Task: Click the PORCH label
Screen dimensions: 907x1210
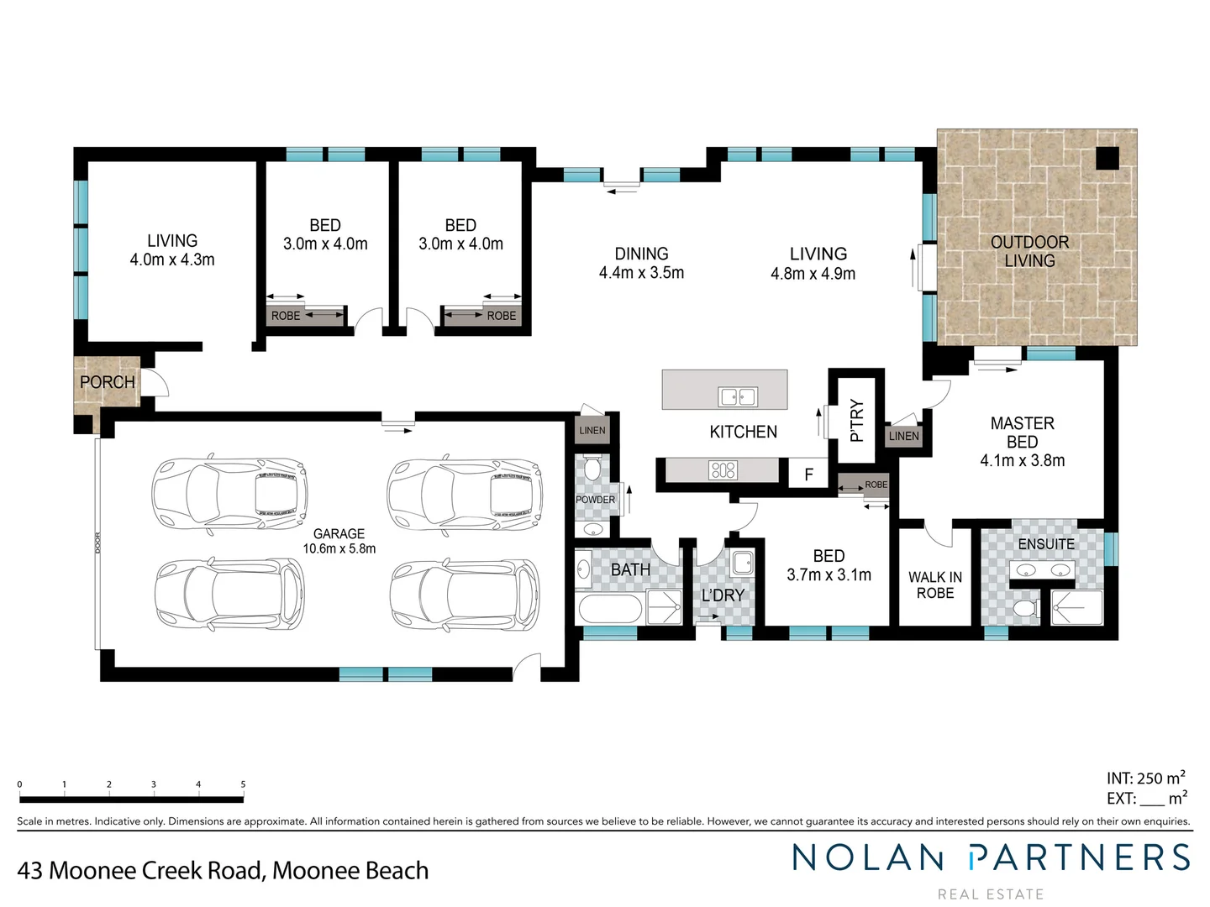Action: pos(107,382)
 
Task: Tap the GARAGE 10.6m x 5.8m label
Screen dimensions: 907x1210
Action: pos(339,541)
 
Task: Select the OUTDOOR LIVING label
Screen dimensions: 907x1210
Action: pos(1029,251)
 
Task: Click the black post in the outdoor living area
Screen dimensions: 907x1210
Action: pos(1107,157)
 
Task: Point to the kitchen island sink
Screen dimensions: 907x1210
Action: pos(737,396)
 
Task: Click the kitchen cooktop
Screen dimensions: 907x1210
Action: pos(723,470)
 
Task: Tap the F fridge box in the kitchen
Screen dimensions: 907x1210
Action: pos(808,474)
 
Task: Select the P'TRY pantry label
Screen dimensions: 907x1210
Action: pos(856,420)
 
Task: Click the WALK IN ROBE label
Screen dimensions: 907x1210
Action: pos(934,585)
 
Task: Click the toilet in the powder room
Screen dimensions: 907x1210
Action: pos(593,468)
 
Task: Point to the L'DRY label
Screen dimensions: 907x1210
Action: pos(723,595)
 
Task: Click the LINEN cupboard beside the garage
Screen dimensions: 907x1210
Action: pos(592,430)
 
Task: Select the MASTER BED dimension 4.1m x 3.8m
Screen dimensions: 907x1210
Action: pos(1022,460)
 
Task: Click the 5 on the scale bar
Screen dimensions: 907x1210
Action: pos(243,784)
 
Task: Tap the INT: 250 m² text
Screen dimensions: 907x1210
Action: pos(1145,778)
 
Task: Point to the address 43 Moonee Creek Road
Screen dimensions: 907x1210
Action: pos(223,870)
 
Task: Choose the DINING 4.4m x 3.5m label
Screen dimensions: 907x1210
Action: pos(641,263)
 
